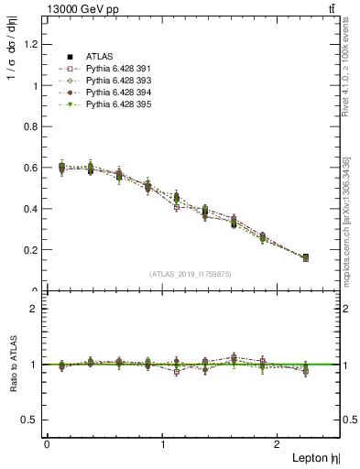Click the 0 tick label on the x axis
[x=47, y=444]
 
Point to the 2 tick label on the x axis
[x=278, y=444]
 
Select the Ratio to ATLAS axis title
[x=11, y=364]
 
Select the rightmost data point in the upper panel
[x=305, y=258]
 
